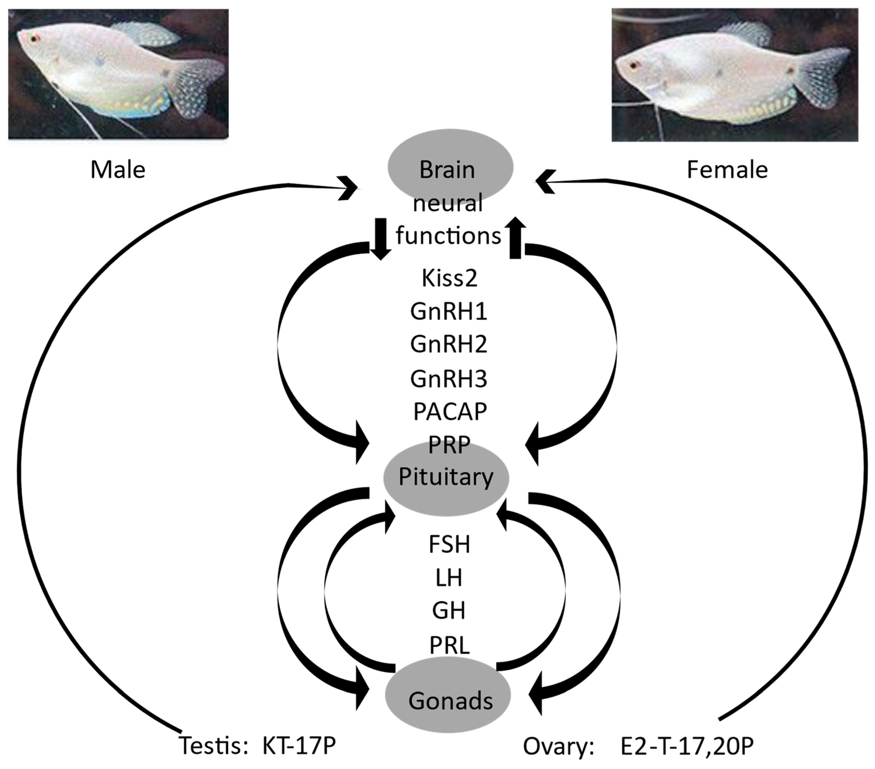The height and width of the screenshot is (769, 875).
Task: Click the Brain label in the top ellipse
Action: [447, 170]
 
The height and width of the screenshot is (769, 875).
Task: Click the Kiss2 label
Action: [449, 278]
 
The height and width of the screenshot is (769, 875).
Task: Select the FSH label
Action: [449, 544]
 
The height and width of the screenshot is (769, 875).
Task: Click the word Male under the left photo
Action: [118, 170]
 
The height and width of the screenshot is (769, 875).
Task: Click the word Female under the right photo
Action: [727, 170]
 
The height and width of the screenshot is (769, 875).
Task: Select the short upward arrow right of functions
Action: [516, 238]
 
